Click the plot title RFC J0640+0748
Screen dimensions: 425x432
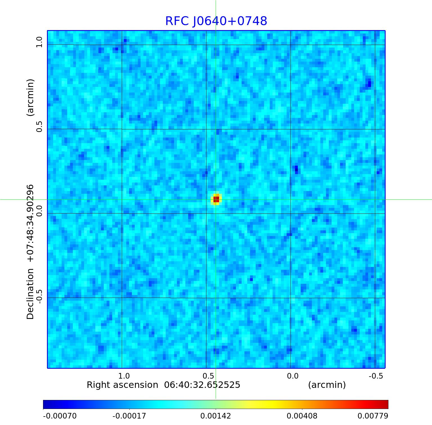pyautogui.click(x=216, y=21)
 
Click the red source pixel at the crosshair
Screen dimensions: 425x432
pyautogui.click(x=216, y=199)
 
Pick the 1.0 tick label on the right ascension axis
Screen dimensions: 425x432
pyautogui.click(x=124, y=376)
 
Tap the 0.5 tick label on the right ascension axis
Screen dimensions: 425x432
pyautogui.click(x=208, y=376)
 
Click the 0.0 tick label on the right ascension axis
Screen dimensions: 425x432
pyautogui.click(x=292, y=376)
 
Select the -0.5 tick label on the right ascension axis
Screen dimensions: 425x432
pyautogui.click(x=376, y=376)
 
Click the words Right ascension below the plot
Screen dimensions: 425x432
pyautogui.click(x=122, y=385)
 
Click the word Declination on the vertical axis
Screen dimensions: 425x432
pyautogui.click(x=30, y=294)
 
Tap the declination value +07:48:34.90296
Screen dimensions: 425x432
pyautogui.click(x=30, y=223)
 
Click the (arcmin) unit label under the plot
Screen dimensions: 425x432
pyautogui.click(x=327, y=385)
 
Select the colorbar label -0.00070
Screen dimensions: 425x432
pyautogui.click(x=60, y=416)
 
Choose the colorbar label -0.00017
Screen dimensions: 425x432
pyautogui.click(x=129, y=416)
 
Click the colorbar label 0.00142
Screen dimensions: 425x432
pyautogui.click(x=215, y=416)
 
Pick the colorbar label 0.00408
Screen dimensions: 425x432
pyautogui.click(x=302, y=416)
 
